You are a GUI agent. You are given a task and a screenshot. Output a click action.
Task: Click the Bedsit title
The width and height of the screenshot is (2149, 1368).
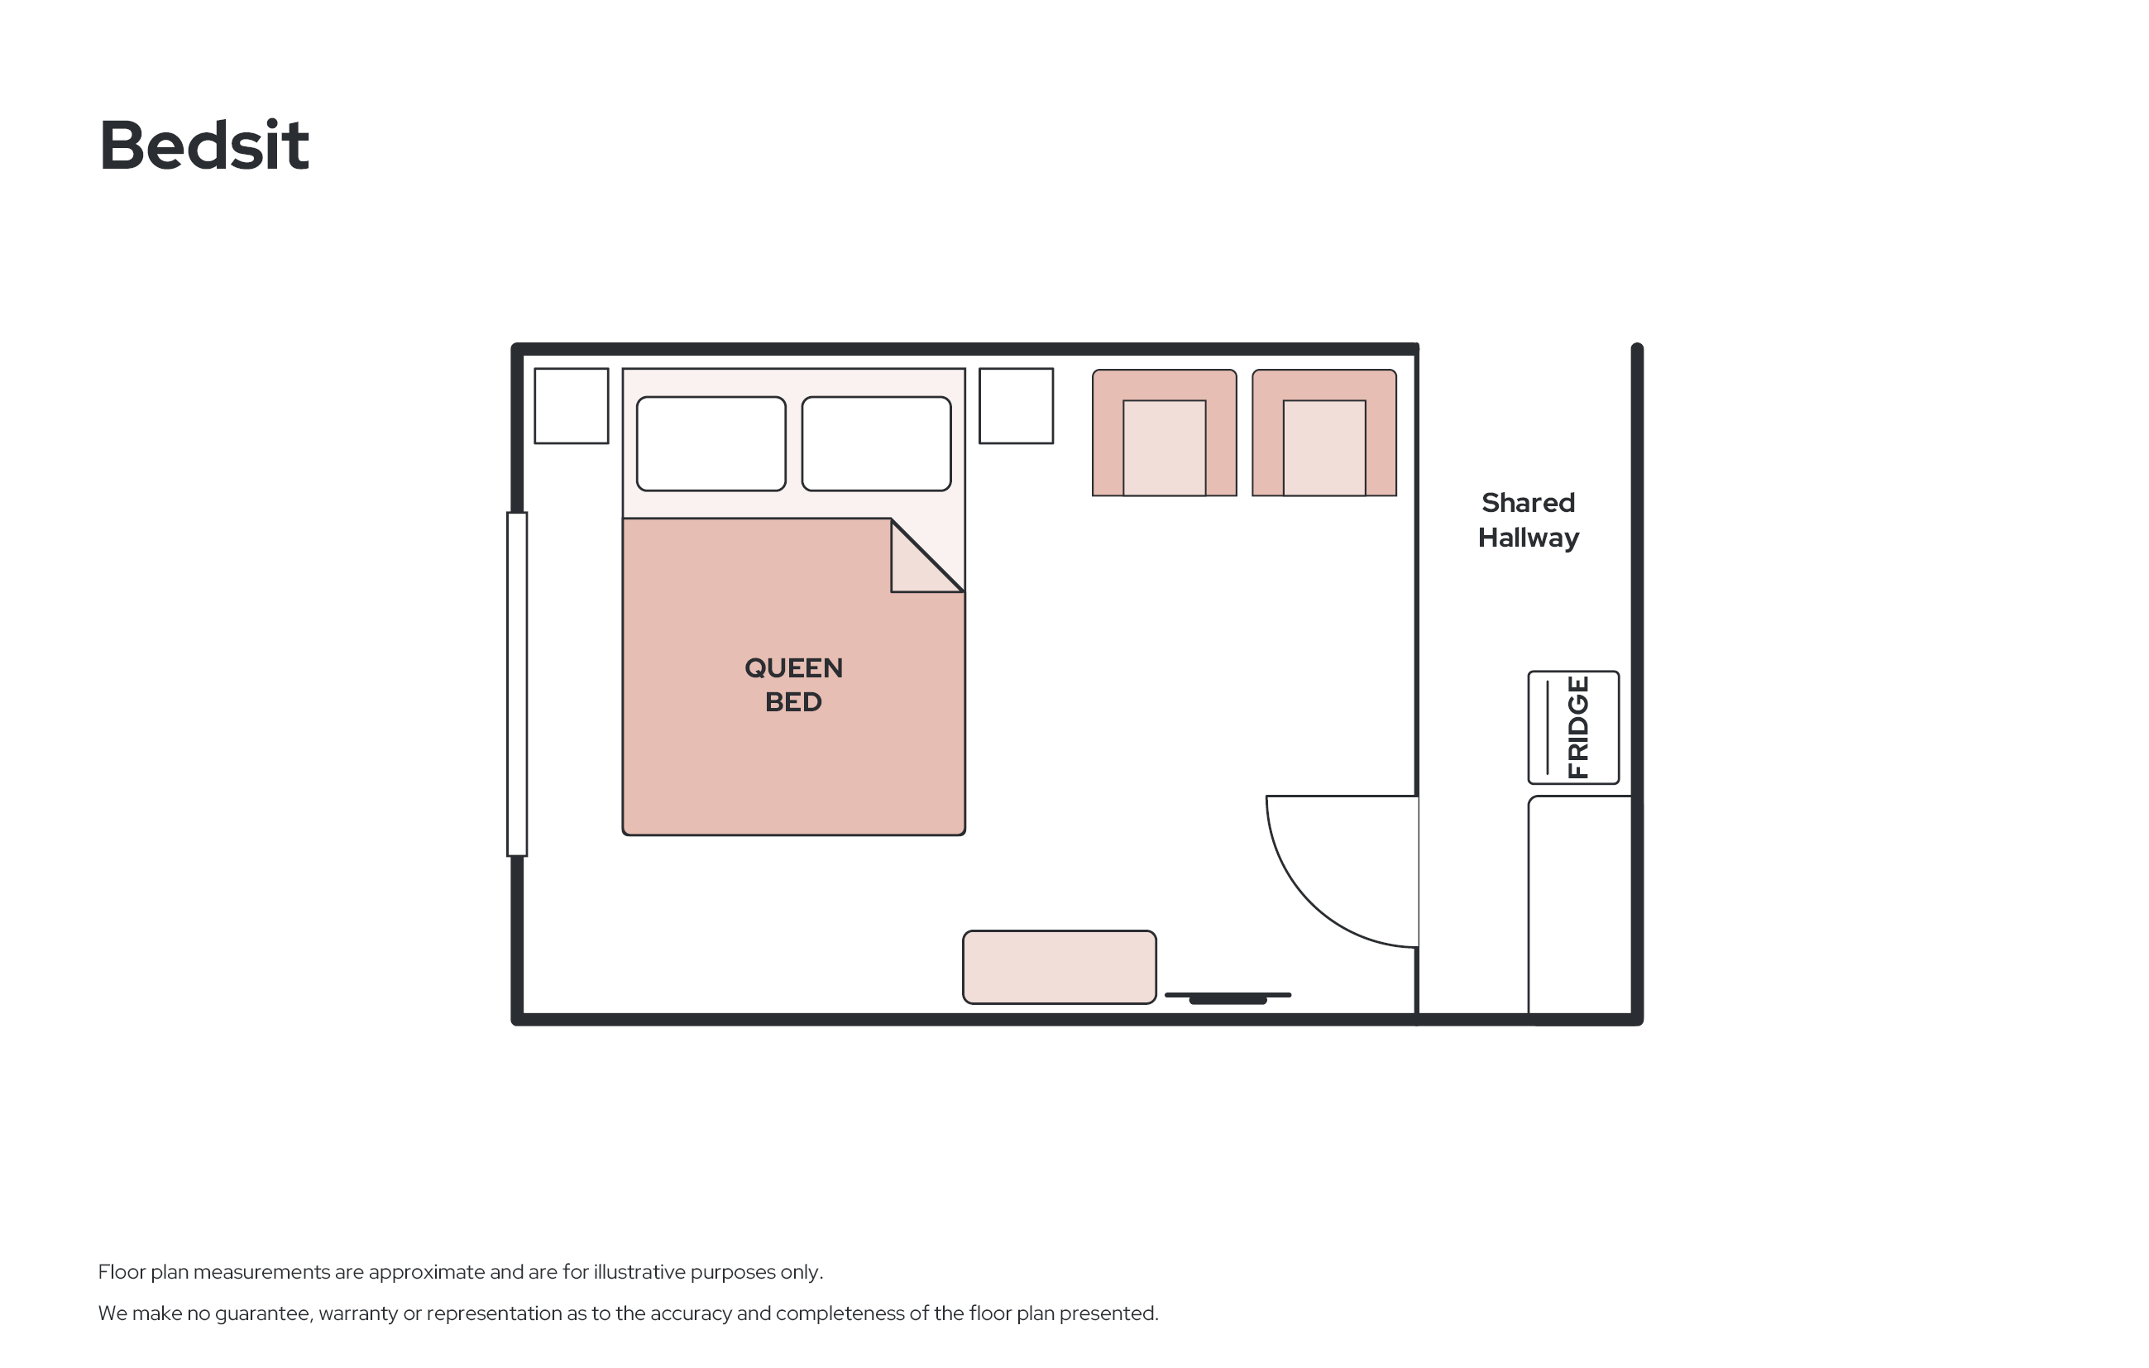pos(204,145)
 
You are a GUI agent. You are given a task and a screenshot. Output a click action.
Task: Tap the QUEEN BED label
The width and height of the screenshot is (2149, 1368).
pos(793,685)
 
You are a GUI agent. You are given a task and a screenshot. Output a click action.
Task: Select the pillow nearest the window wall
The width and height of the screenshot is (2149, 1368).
pos(711,443)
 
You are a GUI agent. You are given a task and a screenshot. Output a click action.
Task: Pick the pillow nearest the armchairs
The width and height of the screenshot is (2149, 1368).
pos(876,443)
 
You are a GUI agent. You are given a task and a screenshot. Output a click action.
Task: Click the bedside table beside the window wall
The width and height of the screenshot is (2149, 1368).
pos(571,405)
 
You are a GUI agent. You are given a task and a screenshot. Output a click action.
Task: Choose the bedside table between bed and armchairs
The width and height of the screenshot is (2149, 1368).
pos(1016,405)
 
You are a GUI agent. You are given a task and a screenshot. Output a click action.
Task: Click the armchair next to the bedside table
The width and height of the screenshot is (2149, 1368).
pos(1165,433)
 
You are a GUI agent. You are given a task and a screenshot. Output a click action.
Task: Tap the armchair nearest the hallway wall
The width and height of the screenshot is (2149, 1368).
pos(1324,433)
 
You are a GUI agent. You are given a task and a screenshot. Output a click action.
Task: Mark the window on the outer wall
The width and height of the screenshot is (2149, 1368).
pos(517,685)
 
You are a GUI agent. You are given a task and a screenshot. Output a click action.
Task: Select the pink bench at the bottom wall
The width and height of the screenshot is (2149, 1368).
pos(1060,968)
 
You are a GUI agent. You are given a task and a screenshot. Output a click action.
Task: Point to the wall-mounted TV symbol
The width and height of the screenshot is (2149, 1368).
pos(1228,997)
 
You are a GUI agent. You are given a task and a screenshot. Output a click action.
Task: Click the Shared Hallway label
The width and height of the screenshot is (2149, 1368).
pos(1528,520)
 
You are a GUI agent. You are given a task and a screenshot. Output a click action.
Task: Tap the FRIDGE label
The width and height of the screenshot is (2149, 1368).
pos(1578,727)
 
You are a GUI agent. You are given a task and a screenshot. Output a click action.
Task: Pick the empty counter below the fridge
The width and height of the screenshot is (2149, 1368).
pos(1580,906)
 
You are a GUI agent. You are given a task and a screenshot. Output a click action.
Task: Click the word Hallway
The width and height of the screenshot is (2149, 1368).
pos(1528,538)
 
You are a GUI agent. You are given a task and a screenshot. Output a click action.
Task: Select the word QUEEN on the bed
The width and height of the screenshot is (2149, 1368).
pos(793,668)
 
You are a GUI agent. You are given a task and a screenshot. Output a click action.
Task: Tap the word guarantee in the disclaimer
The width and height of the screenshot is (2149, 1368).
pos(261,1313)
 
